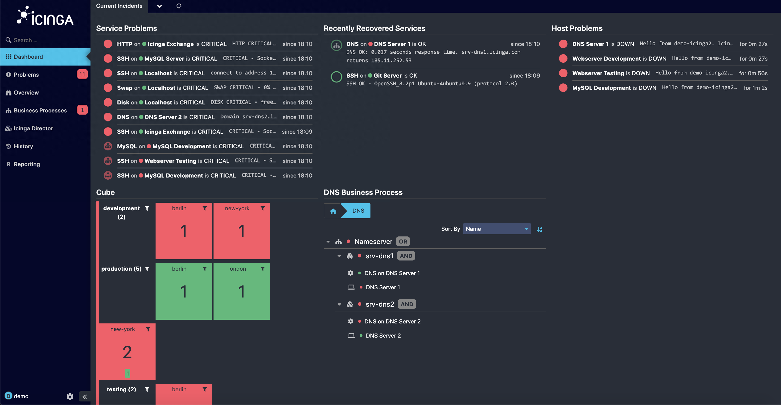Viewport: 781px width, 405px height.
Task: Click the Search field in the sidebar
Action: tap(45, 40)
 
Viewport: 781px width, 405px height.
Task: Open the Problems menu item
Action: tap(26, 75)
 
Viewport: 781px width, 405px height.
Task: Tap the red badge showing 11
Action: tap(82, 74)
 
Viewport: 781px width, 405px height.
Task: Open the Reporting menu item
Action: tap(27, 164)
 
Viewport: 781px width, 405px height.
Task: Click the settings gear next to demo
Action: tap(70, 397)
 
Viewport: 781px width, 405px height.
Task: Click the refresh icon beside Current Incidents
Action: tap(179, 6)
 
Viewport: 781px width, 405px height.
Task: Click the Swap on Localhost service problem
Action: tap(162, 88)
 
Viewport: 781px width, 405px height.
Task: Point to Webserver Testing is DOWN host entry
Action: tap(611, 73)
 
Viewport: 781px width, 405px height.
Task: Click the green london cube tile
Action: tap(242, 291)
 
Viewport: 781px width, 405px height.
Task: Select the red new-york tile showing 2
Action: tap(127, 352)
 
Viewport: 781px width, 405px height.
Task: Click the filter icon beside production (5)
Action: tap(147, 269)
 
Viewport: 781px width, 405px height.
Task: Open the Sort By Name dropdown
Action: tap(497, 229)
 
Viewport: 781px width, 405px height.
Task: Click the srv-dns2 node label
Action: tap(380, 304)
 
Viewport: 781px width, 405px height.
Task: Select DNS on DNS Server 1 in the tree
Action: tap(392, 273)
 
